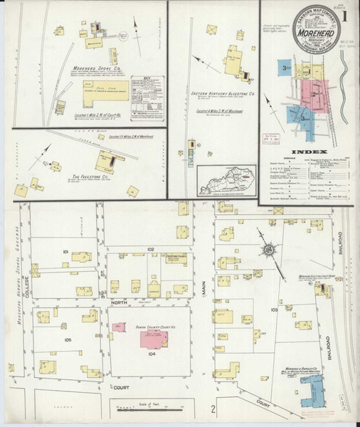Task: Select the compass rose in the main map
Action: coord(270,249)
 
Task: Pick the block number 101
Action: coord(65,253)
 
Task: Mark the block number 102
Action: coord(150,248)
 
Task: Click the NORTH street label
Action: coord(117,302)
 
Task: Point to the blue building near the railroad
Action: coord(314,389)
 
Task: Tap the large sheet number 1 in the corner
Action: coord(345,14)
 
